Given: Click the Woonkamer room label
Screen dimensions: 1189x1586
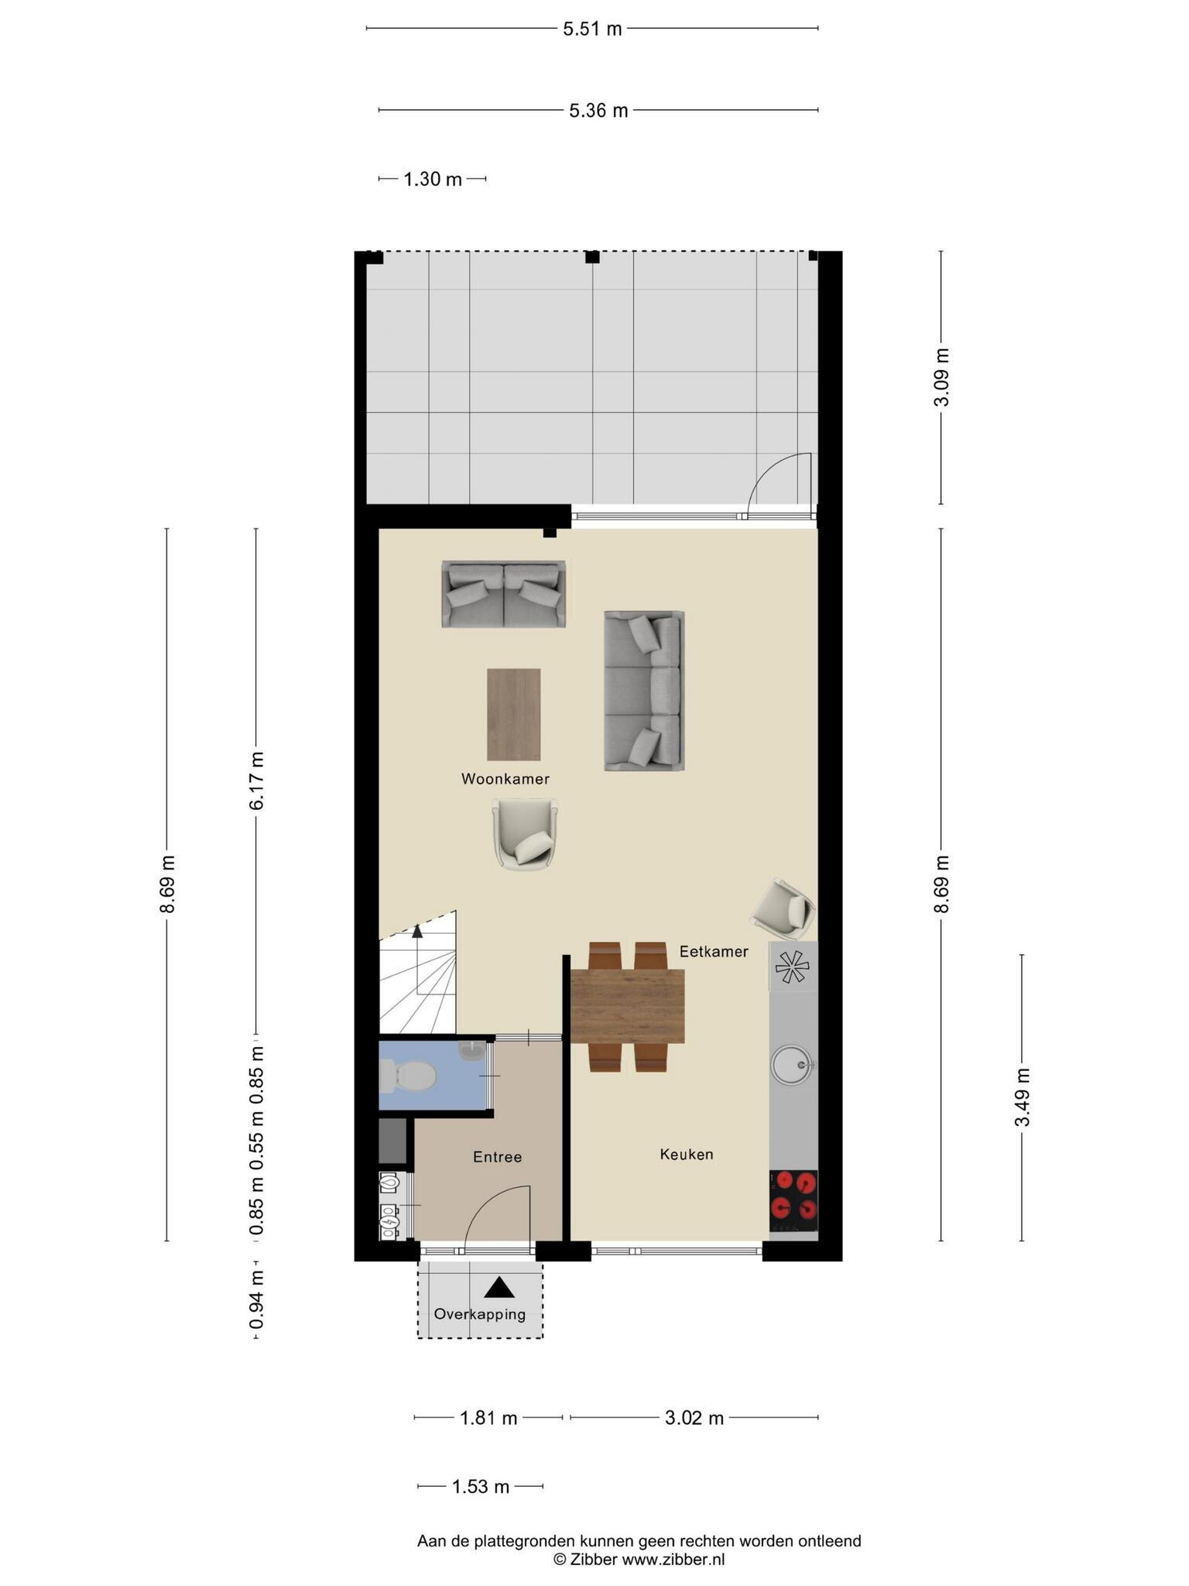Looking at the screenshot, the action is pyautogui.click(x=505, y=779).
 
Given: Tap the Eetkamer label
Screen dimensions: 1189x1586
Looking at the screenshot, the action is pyautogui.click(x=714, y=952).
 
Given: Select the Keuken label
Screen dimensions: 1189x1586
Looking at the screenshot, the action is pyautogui.click(x=687, y=1155).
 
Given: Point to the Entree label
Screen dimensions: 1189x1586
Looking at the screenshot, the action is pyautogui.click(x=498, y=1157).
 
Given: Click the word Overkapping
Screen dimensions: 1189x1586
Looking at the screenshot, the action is pyautogui.click(x=480, y=1314).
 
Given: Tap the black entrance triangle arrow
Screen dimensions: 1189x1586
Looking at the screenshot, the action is pyautogui.click(x=499, y=1287).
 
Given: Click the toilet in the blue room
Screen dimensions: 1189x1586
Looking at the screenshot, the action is pyautogui.click(x=408, y=1076).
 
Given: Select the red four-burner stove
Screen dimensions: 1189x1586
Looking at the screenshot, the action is pyautogui.click(x=793, y=1201).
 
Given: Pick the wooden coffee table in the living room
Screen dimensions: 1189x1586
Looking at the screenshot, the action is pyautogui.click(x=513, y=715).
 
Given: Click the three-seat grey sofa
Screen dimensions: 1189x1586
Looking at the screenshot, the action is pyautogui.click(x=644, y=691).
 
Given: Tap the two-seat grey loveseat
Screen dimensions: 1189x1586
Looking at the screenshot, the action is pyautogui.click(x=504, y=594).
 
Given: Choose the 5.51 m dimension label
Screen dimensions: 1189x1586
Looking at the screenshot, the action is pyautogui.click(x=592, y=29).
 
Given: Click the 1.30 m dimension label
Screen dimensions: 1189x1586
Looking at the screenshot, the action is pyautogui.click(x=433, y=180).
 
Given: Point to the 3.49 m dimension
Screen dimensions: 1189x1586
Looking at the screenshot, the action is pyautogui.click(x=1023, y=1097).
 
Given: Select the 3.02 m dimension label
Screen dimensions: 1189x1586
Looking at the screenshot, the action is pyautogui.click(x=694, y=1418).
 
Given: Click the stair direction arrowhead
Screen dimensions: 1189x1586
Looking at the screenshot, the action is pyautogui.click(x=418, y=931).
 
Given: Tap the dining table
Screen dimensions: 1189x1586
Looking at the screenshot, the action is pyautogui.click(x=628, y=1006).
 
